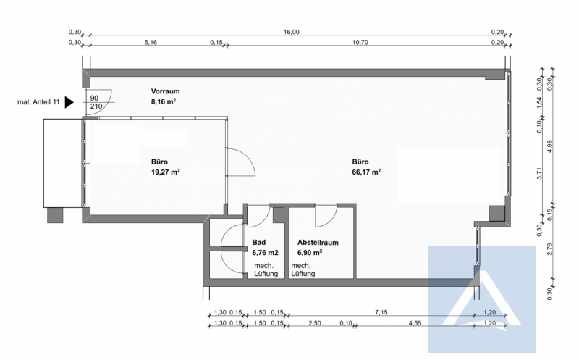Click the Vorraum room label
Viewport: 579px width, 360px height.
[x=166, y=91]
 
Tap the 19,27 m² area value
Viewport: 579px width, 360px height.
[x=166, y=172]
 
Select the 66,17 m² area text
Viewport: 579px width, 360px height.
[x=366, y=172]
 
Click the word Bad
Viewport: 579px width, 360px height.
[x=259, y=243]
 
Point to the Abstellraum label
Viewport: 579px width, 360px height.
[x=318, y=243]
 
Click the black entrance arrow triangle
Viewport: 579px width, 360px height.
[x=69, y=102]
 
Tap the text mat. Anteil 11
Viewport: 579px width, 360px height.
[x=38, y=102]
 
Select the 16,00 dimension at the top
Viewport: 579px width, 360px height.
[x=292, y=32]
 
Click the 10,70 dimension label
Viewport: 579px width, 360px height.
[x=360, y=43]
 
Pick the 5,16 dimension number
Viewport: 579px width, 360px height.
[x=151, y=43]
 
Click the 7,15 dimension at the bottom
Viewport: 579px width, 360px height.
[x=381, y=313]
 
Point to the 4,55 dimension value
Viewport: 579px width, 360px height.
[x=415, y=323]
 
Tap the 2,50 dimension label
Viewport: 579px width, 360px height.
[x=315, y=323]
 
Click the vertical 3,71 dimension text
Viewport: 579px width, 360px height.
[x=539, y=173]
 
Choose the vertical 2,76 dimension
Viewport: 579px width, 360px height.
[x=550, y=248]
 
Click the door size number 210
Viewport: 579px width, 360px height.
[x=96, y=106]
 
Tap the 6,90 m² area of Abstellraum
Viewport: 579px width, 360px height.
[x=310, y=253]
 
